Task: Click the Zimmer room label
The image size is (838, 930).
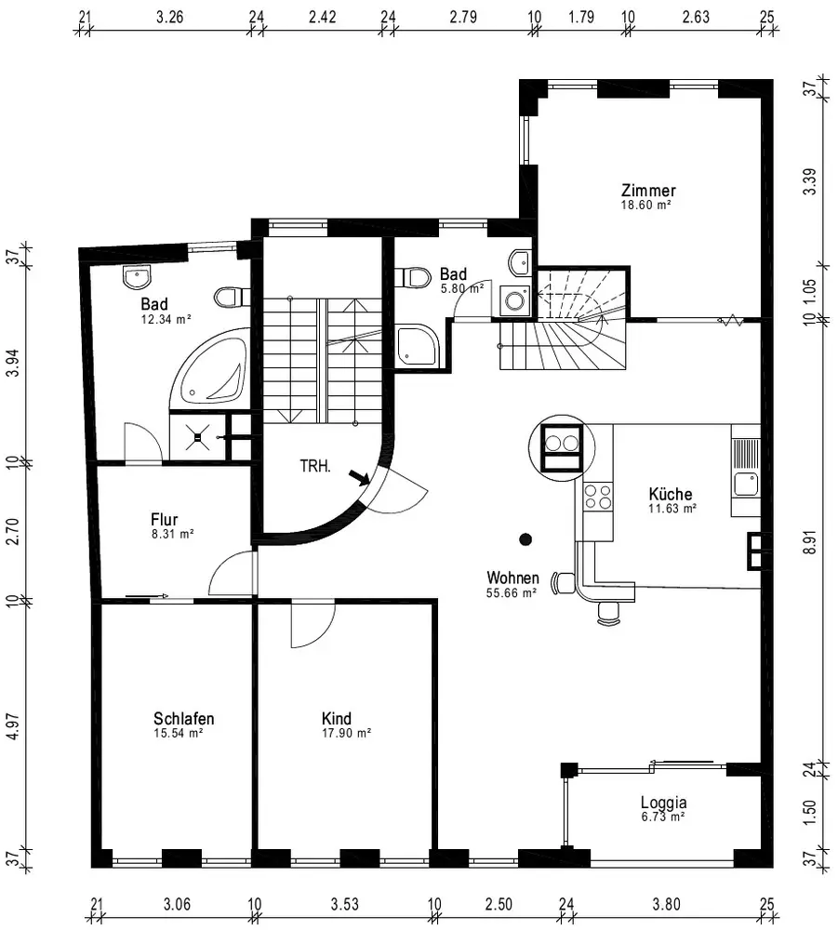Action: (x=648, y=191)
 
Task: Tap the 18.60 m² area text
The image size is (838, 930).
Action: (x=645, y=206)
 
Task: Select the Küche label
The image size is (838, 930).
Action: (x=671, y=494)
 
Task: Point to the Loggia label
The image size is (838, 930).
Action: (x=664, y=803)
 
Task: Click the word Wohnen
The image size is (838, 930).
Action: (x=513, y=578)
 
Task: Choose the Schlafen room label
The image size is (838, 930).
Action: (x=184, y=718)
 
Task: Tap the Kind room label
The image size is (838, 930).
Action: (x=337, y=718)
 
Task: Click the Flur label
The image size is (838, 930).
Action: (x=165, y=520)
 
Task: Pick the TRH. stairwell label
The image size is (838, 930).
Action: (x=315, y=466)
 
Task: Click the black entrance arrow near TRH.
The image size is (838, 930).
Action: (x=359, y=477)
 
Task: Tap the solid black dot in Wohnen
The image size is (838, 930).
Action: (x=525, y=539)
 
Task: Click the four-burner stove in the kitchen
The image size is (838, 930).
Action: (x=598, y=497)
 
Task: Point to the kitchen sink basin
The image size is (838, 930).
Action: (x=746, y=484)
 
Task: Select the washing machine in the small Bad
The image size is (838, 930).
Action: (x=514, y=300)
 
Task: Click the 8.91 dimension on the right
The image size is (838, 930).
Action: (x=811, y=542)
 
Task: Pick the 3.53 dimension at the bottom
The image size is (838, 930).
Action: (x=344, y=905)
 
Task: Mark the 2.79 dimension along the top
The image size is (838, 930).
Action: (x=463, y=17)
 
